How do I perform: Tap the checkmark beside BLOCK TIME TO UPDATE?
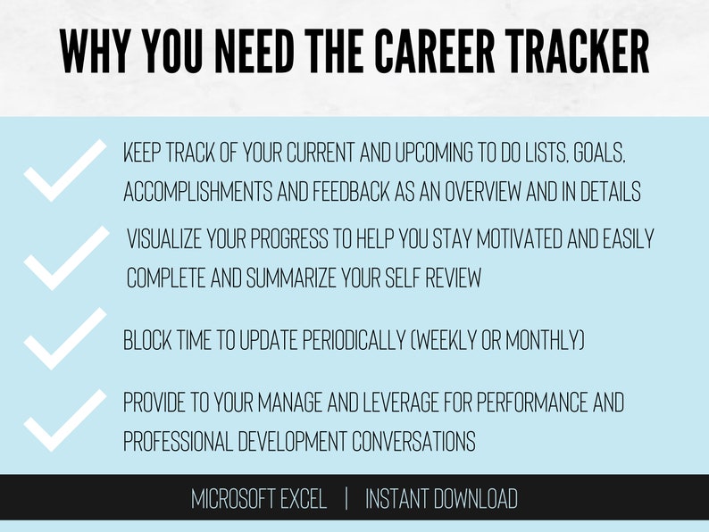pyautogui.click(x=64, y=338)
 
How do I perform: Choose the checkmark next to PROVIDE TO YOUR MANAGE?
pyautogui.click(x=64, y=419)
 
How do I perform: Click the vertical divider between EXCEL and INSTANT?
pyautogui.click(x=346, y=499)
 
